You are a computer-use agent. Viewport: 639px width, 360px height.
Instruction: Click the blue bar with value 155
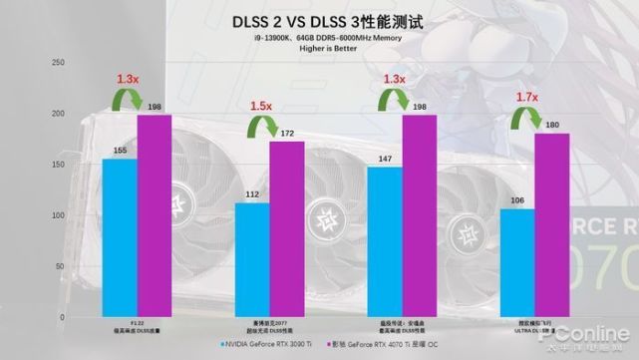119,237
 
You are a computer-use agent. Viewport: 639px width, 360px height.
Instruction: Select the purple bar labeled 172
287,229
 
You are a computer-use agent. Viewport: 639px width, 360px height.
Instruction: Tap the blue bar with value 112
251,259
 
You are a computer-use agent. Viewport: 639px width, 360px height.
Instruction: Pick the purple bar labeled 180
551,225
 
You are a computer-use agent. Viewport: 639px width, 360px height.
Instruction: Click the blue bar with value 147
384,241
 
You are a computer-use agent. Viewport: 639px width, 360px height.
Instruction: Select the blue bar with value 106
516,262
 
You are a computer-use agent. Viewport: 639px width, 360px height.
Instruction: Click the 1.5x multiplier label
261,106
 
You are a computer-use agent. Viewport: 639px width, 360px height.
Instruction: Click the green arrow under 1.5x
262,130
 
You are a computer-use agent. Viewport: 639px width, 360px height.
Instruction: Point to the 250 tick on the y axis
57,63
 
